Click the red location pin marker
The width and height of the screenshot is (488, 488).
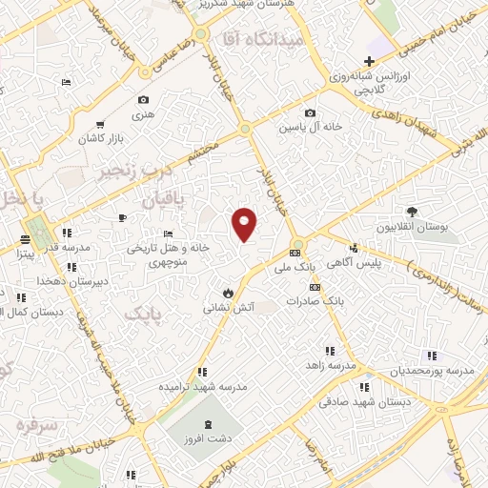245,224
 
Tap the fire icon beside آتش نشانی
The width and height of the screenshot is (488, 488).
228,291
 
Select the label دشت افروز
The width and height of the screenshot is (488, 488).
210,441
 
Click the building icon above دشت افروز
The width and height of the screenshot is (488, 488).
210,423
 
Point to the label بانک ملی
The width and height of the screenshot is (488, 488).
298,270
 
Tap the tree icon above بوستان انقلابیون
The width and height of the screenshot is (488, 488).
411,212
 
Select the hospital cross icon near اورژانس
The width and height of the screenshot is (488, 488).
382,61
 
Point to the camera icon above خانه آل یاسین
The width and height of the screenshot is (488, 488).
309,112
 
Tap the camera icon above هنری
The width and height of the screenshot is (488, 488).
143,99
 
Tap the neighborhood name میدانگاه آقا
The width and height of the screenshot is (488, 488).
261,40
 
